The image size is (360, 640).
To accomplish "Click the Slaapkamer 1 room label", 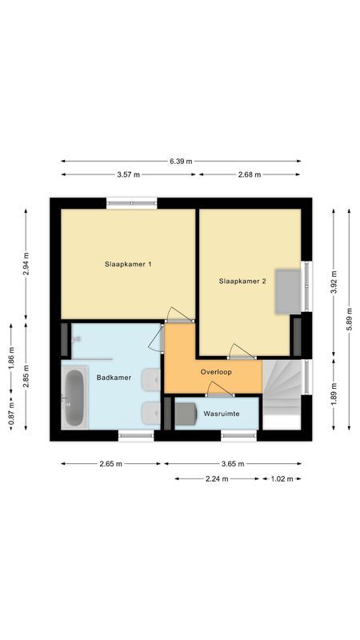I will pyautogui.click(x=128, y=264).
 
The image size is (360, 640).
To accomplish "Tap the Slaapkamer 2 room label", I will pyautogui.click(x=242, y=281).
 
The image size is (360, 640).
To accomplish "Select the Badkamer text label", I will pyautogui.click(x=110, y=377).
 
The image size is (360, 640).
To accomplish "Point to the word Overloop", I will pyautogui.click(x=216, y=372).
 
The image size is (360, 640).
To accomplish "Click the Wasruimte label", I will pyautogui.click(x=220, y=414).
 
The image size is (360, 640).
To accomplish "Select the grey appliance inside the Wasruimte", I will pyautogui.click(x=186, y=415).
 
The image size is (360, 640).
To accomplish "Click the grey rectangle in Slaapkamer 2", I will pyautogui.click(x=288, y=291).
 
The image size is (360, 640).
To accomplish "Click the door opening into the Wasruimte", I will pyautogui.click(x=218, y=390).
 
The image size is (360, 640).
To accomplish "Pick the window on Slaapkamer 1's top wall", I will pyautogui.click(x=131, y=203).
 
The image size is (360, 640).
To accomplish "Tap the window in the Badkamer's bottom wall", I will pyautogui.click(x=136, y=435).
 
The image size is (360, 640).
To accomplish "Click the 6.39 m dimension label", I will pyautogui.click(x=181, y=161).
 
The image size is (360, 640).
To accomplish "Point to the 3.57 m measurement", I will pyautogui.click(x=129, y=174).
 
